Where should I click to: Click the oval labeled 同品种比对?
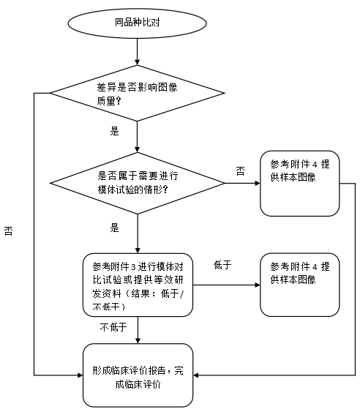point(137,22)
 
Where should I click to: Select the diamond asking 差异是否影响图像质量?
point(137,93)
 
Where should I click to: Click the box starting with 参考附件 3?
point(137,285)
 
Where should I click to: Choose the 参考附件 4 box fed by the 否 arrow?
point(300,183)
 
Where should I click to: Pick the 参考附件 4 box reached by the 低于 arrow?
point(300,285)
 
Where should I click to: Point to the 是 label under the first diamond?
point(113,132)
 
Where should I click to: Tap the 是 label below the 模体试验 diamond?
point(113,228)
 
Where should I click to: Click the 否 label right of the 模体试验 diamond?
point(240,171)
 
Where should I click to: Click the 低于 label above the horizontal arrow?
point(222,263)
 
